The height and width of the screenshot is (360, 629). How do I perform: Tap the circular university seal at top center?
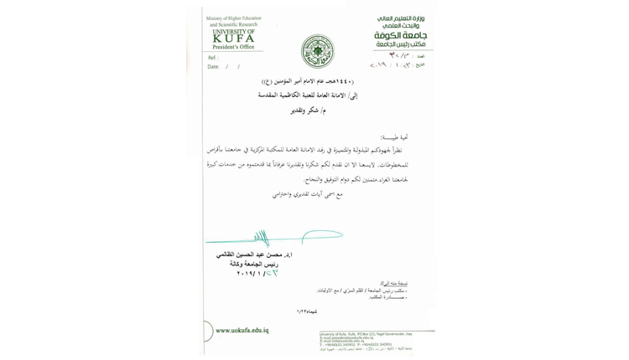[317, 51]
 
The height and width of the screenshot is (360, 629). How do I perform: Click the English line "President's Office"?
[234, 47]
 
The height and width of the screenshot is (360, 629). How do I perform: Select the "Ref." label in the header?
[212, 58]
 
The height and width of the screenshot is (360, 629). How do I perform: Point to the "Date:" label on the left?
[213, 66]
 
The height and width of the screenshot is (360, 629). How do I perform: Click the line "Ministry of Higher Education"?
[234, 18]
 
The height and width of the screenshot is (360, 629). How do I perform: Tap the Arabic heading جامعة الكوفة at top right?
[401, 35]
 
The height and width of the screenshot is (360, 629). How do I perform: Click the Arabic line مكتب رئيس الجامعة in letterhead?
[401, 44]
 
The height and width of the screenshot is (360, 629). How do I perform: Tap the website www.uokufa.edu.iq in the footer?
[242, 331]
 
